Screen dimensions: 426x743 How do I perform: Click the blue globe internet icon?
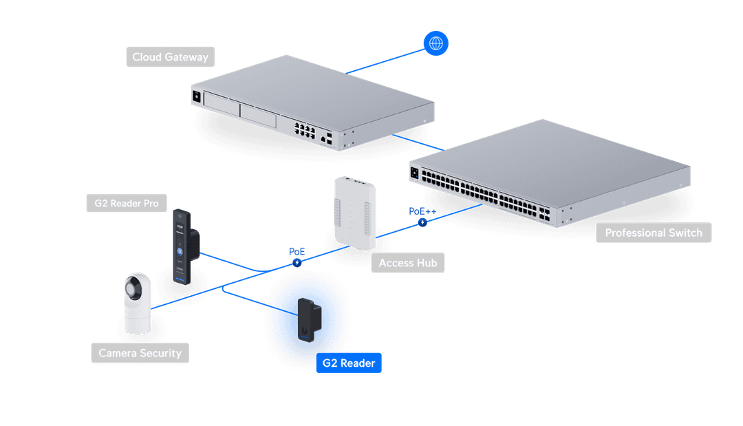click(x=435, y=43)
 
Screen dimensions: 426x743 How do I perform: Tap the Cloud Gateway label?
click(x=170, y=57)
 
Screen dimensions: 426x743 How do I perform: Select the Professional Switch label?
click(x=654, y=233)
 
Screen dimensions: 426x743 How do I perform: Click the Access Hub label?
click(x=408, y=263)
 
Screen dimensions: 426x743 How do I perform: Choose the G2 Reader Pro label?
click(x=126, y=203)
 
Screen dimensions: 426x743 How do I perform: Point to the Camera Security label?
click(x=140, y=353)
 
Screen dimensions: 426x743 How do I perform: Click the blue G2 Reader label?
click(x=349, y=363)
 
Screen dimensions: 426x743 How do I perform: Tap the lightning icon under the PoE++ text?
click(x=422, y=222)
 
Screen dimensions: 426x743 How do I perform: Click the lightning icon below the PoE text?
click(x=297, y=262)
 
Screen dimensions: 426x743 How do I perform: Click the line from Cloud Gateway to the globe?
click(x=385, y=58)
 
